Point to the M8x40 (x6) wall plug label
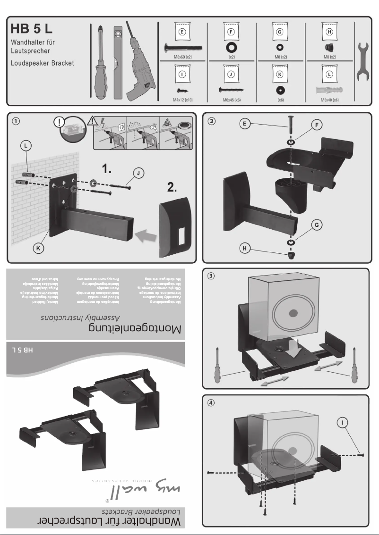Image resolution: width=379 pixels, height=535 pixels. pos(329,100)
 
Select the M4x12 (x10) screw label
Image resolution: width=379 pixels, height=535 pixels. pos(182,100)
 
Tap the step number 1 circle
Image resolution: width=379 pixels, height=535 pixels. pos(17,121)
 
